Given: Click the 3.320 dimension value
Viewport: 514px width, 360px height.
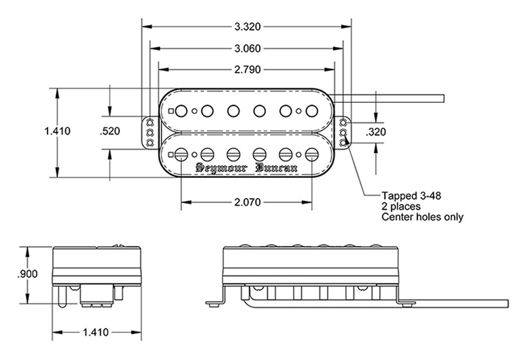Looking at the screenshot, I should [x=247, y=27].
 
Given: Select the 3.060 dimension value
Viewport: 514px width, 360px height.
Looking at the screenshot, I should [x=247, y=48].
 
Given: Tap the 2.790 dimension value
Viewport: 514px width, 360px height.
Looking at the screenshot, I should [x=247, y=69].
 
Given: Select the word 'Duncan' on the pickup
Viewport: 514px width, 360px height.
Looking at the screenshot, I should [x=278, y=168].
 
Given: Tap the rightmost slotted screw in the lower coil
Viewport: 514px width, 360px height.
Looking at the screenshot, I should [x=312, y=154].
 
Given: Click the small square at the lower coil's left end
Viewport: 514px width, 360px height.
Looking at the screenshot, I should [x=170, y=154].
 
